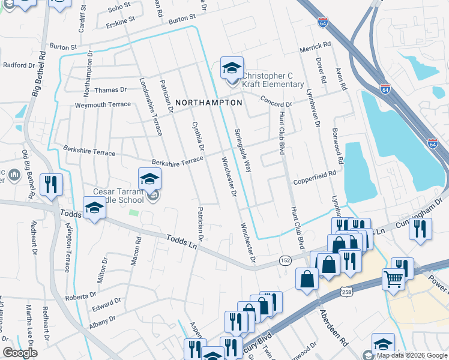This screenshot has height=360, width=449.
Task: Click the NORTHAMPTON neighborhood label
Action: pyautogui.click(x=209, y=103)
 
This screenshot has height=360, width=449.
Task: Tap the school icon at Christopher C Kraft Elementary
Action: pyautogui.click(x=231, y=68)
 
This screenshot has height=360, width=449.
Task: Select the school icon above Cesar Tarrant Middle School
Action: pyautogui.click(x=149, y=178)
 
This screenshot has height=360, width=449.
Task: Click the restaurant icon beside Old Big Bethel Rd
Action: pyautogui.click(x=50, y=184)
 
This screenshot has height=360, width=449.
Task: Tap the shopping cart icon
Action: pyautogui.click(x=393, y=279)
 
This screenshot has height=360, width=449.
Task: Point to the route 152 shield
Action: pyautogui.click(x=285, y=260)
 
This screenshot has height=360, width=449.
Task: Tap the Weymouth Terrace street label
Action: pyautogui.click(x=102, y=104)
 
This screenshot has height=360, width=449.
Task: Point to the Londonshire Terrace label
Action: pyautogui.click(x=151, y=106)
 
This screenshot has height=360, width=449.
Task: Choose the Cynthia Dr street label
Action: pyautogui.click(x=198, y=136)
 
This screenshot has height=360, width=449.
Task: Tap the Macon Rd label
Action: pyautogui.click(x=137, y=251)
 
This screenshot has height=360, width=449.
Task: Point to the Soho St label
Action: pyautogui.click(x=119, y=5)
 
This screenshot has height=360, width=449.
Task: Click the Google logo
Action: pyautogui.click(x=20, y=353)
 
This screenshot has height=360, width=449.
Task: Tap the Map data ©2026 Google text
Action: pyautogui.click(x=412, y=355)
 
